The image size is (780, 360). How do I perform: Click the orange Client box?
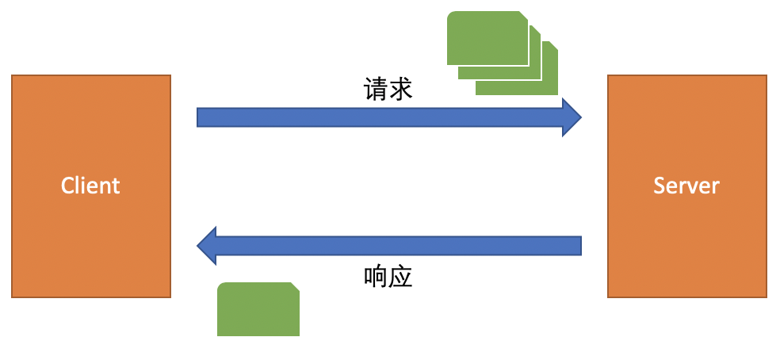pyautogui.click(x=91, y=186)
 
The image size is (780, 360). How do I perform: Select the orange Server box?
pyautogui.click(x=687, y=186)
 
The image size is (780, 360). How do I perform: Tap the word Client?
pyautogui.click(x=90, y=186)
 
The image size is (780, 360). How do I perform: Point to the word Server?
pyautogui.click(x=686, y=186)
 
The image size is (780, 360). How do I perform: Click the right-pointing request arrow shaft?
pyautogui.click(x=380, y=117)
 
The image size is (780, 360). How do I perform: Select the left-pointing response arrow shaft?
pyautogui.click(x=399, y=246)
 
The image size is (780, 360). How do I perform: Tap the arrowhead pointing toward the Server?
pyautogui.click(x=572, y=117)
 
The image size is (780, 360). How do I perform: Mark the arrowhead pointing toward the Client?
pyautogui.click(x=206, y=246)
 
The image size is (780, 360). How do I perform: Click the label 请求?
pyautogui.click(x=388, y=90)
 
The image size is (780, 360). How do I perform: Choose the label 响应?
pyautogui.click(x=388, y=277)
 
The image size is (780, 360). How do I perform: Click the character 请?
pyautogui.click(x=376, y=90)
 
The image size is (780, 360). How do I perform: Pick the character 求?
pyautogui.click(x=400, y=90)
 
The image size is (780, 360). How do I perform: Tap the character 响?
pyautogui.click(x=376, y=277)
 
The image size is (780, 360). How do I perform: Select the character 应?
pyautogui.click(x=400, y=277)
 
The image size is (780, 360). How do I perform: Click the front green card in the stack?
pyautogui.click(x=487, y=38)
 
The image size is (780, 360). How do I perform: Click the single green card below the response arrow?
pyautogui.click(x=258, y=309)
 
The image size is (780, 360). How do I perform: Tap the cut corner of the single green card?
pyautogui.click(x=295, y=287)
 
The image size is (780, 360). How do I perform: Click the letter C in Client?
pyautogui.click(x=67, y=186)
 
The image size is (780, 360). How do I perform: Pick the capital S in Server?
pyautogui.click(x=660, y=186)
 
